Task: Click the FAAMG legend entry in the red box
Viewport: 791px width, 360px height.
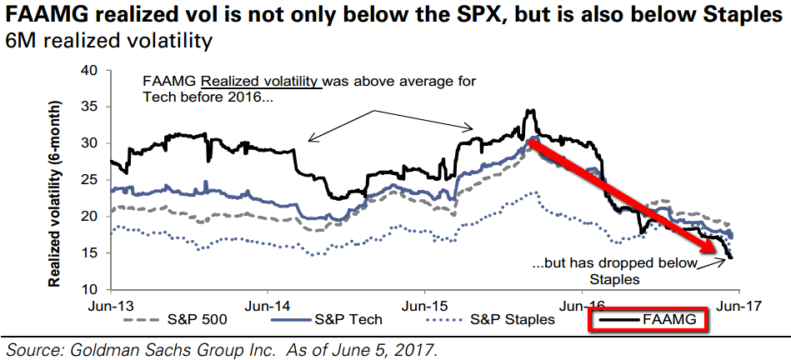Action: pos(648,319)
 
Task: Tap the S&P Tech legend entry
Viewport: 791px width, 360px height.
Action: pos(327,319)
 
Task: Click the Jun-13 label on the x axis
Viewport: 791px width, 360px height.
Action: pos(110,305)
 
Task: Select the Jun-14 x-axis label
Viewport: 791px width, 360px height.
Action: pos(268,305)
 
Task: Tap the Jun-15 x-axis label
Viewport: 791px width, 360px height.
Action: pos(425,305)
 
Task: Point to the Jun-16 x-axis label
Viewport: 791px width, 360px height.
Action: pos(582,305)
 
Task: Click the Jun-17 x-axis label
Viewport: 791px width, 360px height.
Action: pos(739,305)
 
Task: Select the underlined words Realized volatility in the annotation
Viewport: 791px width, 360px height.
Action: pos(262,81)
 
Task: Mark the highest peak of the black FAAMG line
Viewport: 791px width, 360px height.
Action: pos(529,109)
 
